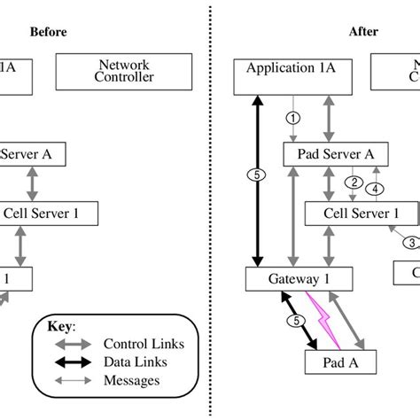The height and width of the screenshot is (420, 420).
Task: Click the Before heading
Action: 48,33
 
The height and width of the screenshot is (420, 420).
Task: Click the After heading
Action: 363,33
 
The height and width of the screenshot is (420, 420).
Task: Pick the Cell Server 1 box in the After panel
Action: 362,213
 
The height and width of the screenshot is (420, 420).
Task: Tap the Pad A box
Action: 340,362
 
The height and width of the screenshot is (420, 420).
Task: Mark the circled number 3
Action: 410,243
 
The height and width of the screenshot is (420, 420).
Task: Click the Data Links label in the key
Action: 136,362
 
